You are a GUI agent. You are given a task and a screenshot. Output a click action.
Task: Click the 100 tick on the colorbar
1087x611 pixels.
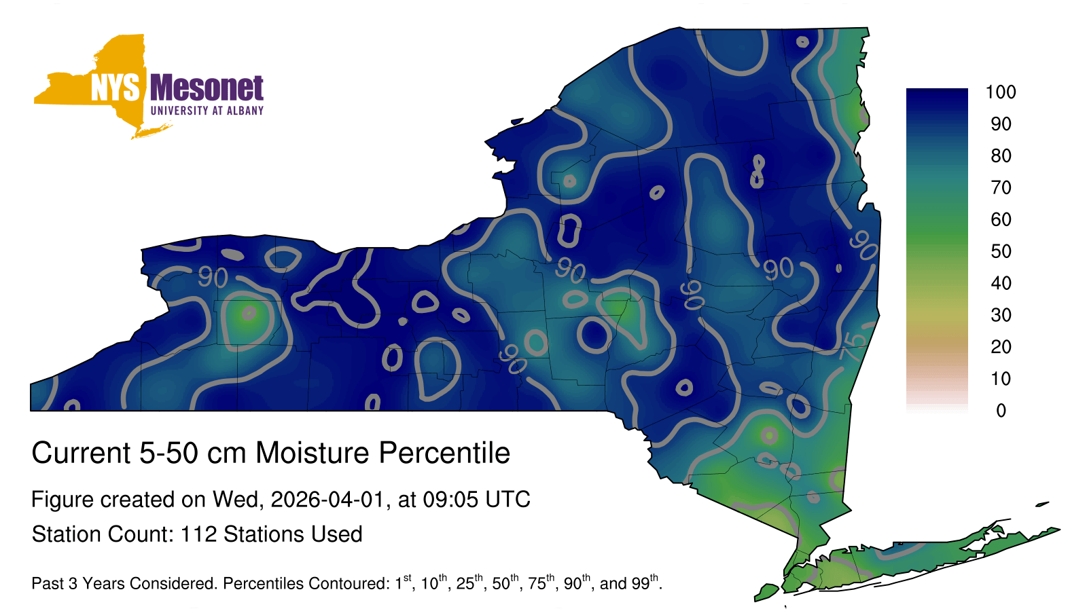[x=1001, y=92]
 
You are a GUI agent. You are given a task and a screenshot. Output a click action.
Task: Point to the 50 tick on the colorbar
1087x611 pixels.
[x=1001, y=251]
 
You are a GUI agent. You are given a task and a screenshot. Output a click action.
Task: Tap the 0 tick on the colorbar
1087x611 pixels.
[x=1001, y=411]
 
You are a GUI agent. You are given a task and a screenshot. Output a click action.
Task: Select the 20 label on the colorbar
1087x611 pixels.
[x=1001, y=347]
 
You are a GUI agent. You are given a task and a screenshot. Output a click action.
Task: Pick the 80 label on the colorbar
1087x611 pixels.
[x=1001, y=155]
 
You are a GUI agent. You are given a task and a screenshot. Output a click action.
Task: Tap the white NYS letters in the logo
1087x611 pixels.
[x=115, y=88]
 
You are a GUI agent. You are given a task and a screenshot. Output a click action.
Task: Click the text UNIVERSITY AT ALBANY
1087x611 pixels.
[x=207, y=111]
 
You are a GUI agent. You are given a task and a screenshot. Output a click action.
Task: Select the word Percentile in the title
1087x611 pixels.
[x=444, y=453]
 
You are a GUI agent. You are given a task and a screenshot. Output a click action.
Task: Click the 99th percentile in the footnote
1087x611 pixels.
[x=645, y=582]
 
